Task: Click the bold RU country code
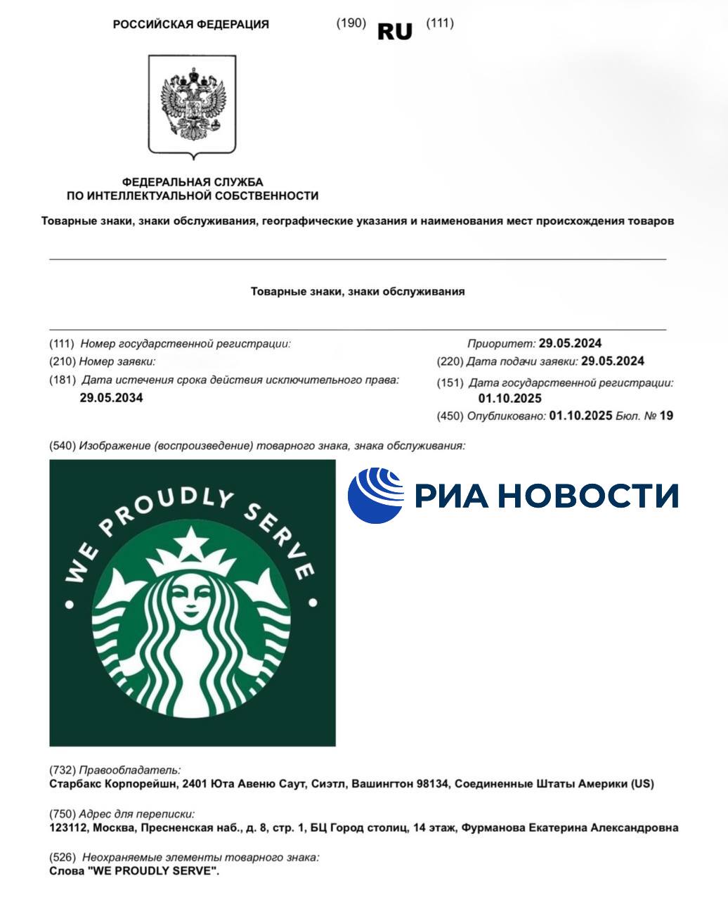[x=395, y=31]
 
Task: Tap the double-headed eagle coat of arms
[x=192, y=104]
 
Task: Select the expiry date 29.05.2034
[x=111, y=398]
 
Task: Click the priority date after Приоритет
[x=570, y=344]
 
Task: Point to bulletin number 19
[x=666, y=416]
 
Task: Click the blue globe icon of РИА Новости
[x=376, y=495]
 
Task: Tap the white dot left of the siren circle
[x=70, y=603]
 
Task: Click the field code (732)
[x=63, y=770]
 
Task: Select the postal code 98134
[x=430, y=783]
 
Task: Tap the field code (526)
[x=63, y=858]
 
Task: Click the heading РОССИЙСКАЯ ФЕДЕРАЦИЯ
[x=190, y=25]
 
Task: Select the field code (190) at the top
[x=351, y=22]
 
